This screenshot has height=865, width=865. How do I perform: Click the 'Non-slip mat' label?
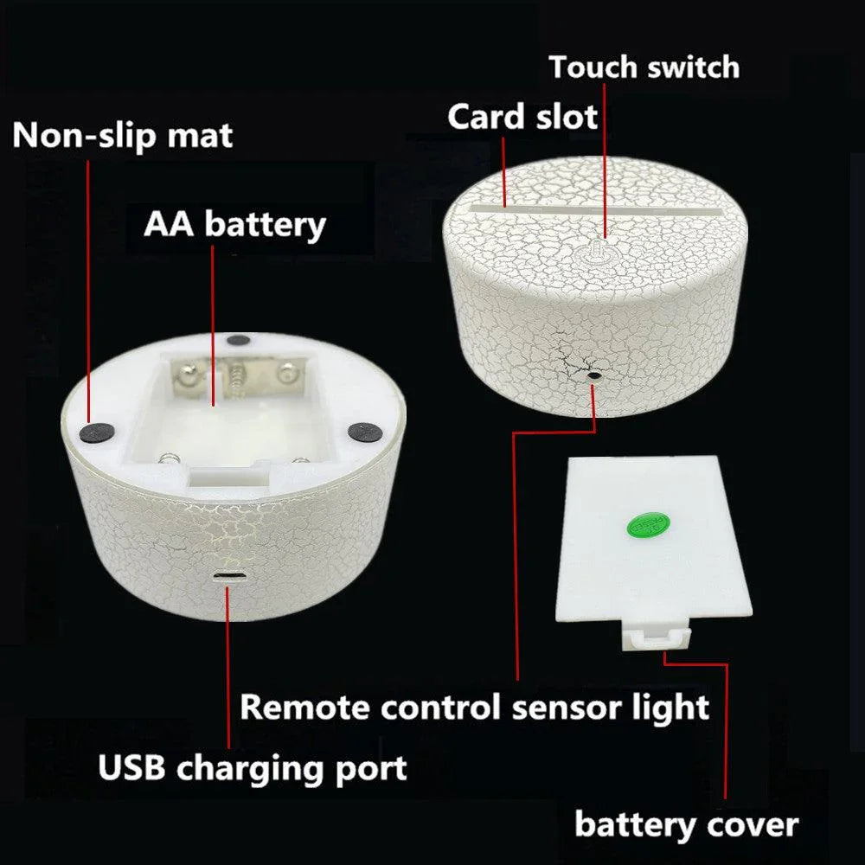pos(123,136)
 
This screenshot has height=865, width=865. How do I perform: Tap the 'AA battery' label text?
pos(235,225)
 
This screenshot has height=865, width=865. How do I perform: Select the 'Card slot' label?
pos(522,117)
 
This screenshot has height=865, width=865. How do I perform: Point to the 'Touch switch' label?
pos(644,67)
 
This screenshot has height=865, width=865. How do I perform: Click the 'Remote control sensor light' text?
pos(474,708)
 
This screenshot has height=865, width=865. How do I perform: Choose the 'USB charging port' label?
pos(253,768)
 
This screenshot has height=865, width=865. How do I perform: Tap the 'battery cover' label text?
pos(686,825)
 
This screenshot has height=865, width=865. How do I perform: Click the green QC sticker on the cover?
pos(649,525)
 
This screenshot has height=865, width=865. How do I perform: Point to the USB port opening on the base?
pos(229,576)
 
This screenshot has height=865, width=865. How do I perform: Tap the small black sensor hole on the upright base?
pos(593,375)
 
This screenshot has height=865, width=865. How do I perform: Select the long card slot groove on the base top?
pos(596,210)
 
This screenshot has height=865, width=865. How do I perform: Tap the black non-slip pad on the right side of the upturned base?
pos(365,431)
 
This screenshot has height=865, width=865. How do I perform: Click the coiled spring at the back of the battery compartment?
pos(237,375)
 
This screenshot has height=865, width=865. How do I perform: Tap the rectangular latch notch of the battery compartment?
pos(228,477)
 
